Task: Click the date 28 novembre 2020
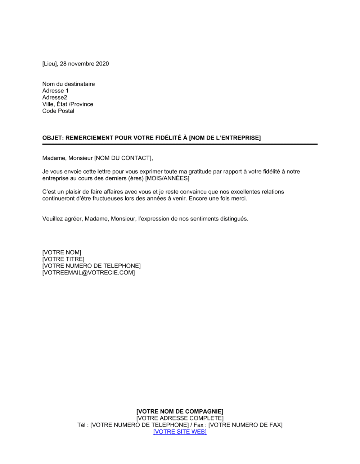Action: click(84, 64)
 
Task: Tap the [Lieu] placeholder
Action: click(50, 64)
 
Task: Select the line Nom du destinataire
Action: click(68, 84)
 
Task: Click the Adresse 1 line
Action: click(55, 91)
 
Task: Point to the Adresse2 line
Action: click(55, 97)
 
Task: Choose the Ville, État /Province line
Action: click(68, 104)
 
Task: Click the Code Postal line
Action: click(58, 111)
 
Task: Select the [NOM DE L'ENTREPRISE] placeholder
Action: click(225, 138)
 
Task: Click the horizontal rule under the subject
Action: click(180, 144)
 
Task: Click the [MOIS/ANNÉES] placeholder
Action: click(167, 178)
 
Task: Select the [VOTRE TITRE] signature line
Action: click(63, 259)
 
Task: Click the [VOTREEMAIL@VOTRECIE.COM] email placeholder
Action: click(89, 273)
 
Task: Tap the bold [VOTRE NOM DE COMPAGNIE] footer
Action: click(180, 411)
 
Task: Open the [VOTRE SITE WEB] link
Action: click(180, 432)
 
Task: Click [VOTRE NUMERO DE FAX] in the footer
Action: click(246, 425)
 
